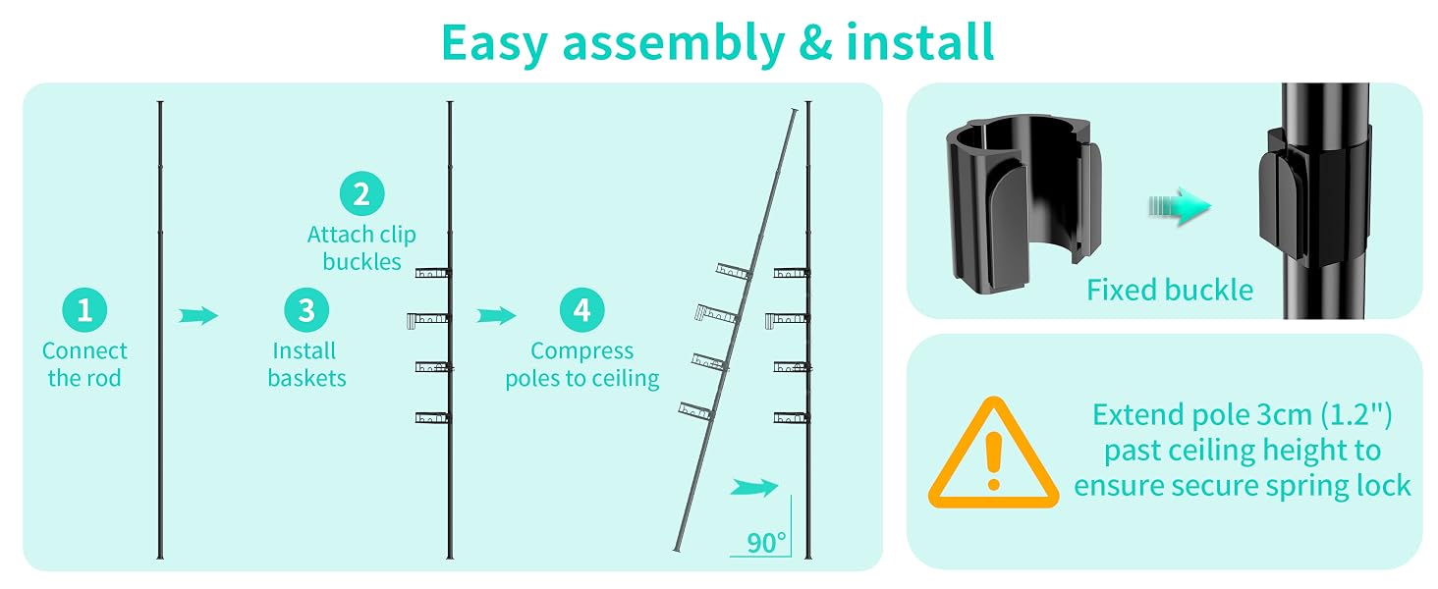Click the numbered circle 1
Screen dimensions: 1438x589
click(x=84, y=310)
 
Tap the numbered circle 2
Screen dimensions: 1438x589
click(x=361, y=193)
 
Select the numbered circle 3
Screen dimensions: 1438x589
click(x=306, y=310)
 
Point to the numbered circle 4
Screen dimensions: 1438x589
click(x=581, y=310)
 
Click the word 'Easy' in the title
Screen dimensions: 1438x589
click(x=494, y=43)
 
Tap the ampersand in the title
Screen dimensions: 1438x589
click(x=815, y=42)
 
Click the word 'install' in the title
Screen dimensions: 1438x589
click(x=920, y=41)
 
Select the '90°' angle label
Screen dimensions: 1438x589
click(x=766, y=543)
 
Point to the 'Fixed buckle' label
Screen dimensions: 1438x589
click(x=1170, y=290)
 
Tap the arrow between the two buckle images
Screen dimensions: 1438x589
click(x=1180, y=206)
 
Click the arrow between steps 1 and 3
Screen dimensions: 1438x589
click(x=198, y=316)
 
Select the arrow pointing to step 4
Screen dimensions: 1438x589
click(x=496, y=316)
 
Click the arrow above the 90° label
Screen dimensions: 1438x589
click(x=754, y=488)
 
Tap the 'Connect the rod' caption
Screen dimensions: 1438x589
click(x=84, y=364)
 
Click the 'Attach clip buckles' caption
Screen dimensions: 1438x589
click(x=361, y=248)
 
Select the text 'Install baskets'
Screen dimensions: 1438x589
click(x=306, y=364)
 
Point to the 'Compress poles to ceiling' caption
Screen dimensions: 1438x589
click(x=581, y=364)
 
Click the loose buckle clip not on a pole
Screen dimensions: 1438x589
click(x=1023, y=204)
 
